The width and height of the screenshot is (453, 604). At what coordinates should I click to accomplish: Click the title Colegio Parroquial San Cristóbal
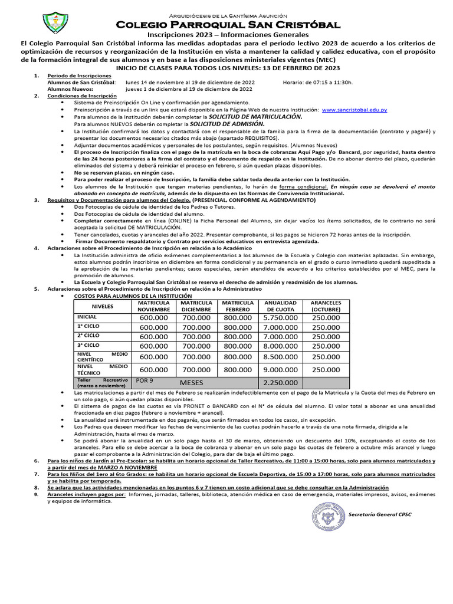point(228,25)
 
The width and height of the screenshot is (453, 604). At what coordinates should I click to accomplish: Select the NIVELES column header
point(102,307)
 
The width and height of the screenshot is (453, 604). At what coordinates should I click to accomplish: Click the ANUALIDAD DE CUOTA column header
point(280,306)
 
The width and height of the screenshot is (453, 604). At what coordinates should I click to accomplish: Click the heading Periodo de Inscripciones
point(79,76)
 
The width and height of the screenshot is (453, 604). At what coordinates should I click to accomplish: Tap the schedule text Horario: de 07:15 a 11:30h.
point(317,83)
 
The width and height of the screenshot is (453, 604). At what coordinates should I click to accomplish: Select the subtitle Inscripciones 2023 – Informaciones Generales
point(228,35)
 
